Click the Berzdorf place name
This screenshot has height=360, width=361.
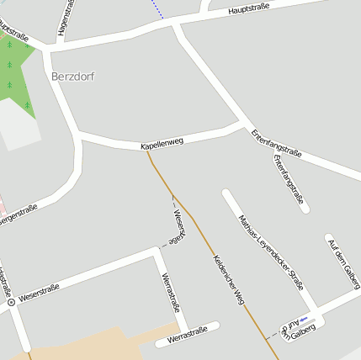(72, 77)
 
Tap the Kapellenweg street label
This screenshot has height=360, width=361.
(162, 144)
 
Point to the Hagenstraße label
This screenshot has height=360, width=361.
(62, 18)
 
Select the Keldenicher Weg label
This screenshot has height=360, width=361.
(228, 278)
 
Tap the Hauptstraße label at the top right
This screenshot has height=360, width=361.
(248, 9)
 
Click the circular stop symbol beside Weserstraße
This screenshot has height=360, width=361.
(11, 301)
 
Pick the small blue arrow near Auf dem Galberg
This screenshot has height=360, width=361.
(302, 320)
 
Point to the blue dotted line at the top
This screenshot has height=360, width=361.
(158, 9)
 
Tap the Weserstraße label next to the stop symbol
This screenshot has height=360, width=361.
(39, 294)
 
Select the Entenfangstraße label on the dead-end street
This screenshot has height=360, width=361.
(288, 178)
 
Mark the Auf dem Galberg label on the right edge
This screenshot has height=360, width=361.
(342, 262)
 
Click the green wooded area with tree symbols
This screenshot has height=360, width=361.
(17, 71)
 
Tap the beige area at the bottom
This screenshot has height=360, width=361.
(101, 345)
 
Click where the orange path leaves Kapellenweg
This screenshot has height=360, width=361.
(148, 151)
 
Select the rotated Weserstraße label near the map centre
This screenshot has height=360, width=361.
(178, 225)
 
